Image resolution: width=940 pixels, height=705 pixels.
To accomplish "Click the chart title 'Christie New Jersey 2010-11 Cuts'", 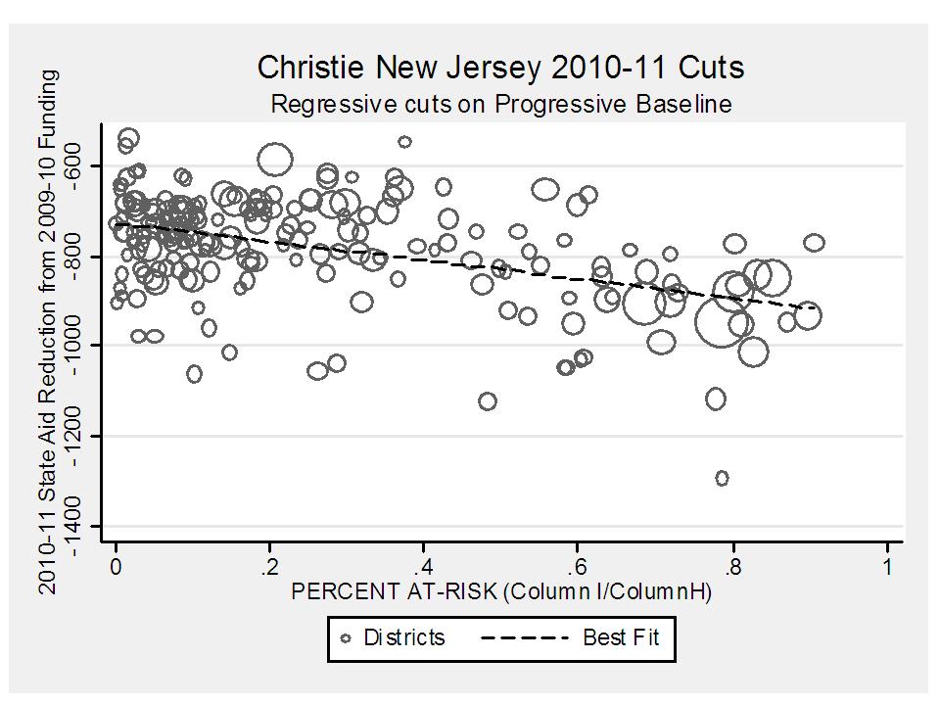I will pos(500,68).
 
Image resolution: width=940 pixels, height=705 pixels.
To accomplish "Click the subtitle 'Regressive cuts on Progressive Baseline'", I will pos(500,103).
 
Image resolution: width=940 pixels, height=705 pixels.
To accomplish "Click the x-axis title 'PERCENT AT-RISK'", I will pos(501,591).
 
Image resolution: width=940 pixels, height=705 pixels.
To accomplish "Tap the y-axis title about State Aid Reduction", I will pos(47,330).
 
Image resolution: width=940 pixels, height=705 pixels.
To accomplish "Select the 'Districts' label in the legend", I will pos(404,638).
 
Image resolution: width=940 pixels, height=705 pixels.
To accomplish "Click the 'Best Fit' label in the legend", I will pos(621,638).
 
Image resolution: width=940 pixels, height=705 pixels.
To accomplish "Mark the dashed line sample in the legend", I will pos(525,638).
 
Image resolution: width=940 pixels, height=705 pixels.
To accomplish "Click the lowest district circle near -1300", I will pos(722,478).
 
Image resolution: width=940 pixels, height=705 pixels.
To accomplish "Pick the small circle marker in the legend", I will pos(346,638).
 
